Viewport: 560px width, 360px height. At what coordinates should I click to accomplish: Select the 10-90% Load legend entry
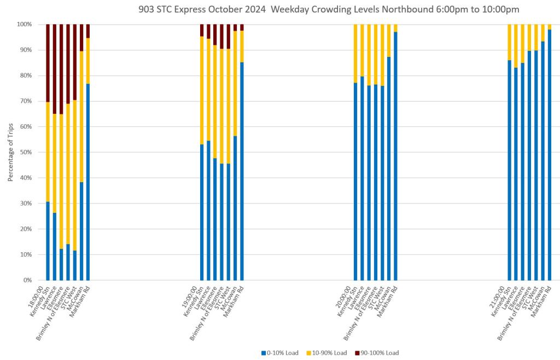click(x=330, y=353)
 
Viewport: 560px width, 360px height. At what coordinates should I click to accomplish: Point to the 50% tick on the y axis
click(x=25, y=152)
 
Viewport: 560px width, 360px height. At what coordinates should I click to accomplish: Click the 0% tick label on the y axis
click(x=27, y=280)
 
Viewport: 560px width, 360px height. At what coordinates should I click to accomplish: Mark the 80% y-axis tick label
click(x=25, y=76)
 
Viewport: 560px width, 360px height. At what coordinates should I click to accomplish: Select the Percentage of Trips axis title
click(x=10, y=153)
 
